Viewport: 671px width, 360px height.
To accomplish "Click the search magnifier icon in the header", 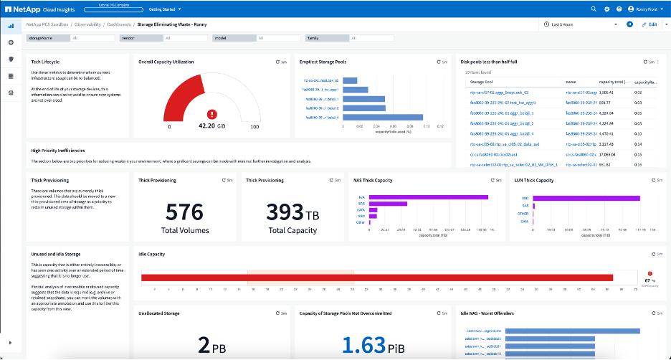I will (x=593, y=9).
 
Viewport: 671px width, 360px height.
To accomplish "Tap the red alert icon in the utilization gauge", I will (x=211, y=113).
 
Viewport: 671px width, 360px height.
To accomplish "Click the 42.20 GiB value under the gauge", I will (x=211, y=127).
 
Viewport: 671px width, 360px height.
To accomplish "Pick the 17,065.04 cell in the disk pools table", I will (x=610, y=153).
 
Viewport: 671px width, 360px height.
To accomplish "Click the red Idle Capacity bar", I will (x=377, y=278).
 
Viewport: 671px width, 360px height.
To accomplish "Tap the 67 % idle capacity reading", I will (x=650, y=280).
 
